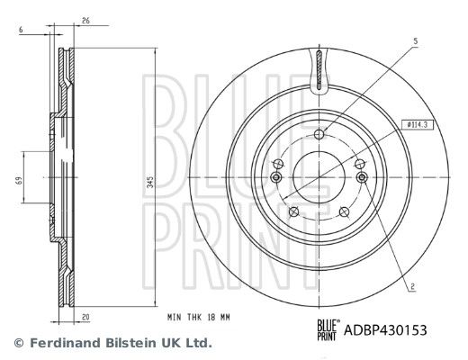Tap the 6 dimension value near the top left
(x=20, y=31)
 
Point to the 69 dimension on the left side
(x=17, y=181)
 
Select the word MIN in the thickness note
(x=173, y=318)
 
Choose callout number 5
(x=416, y=41)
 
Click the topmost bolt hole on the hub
(x=320, y=135)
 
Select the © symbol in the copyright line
(x=18, y=343)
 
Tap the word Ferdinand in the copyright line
(x=62, y=343)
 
